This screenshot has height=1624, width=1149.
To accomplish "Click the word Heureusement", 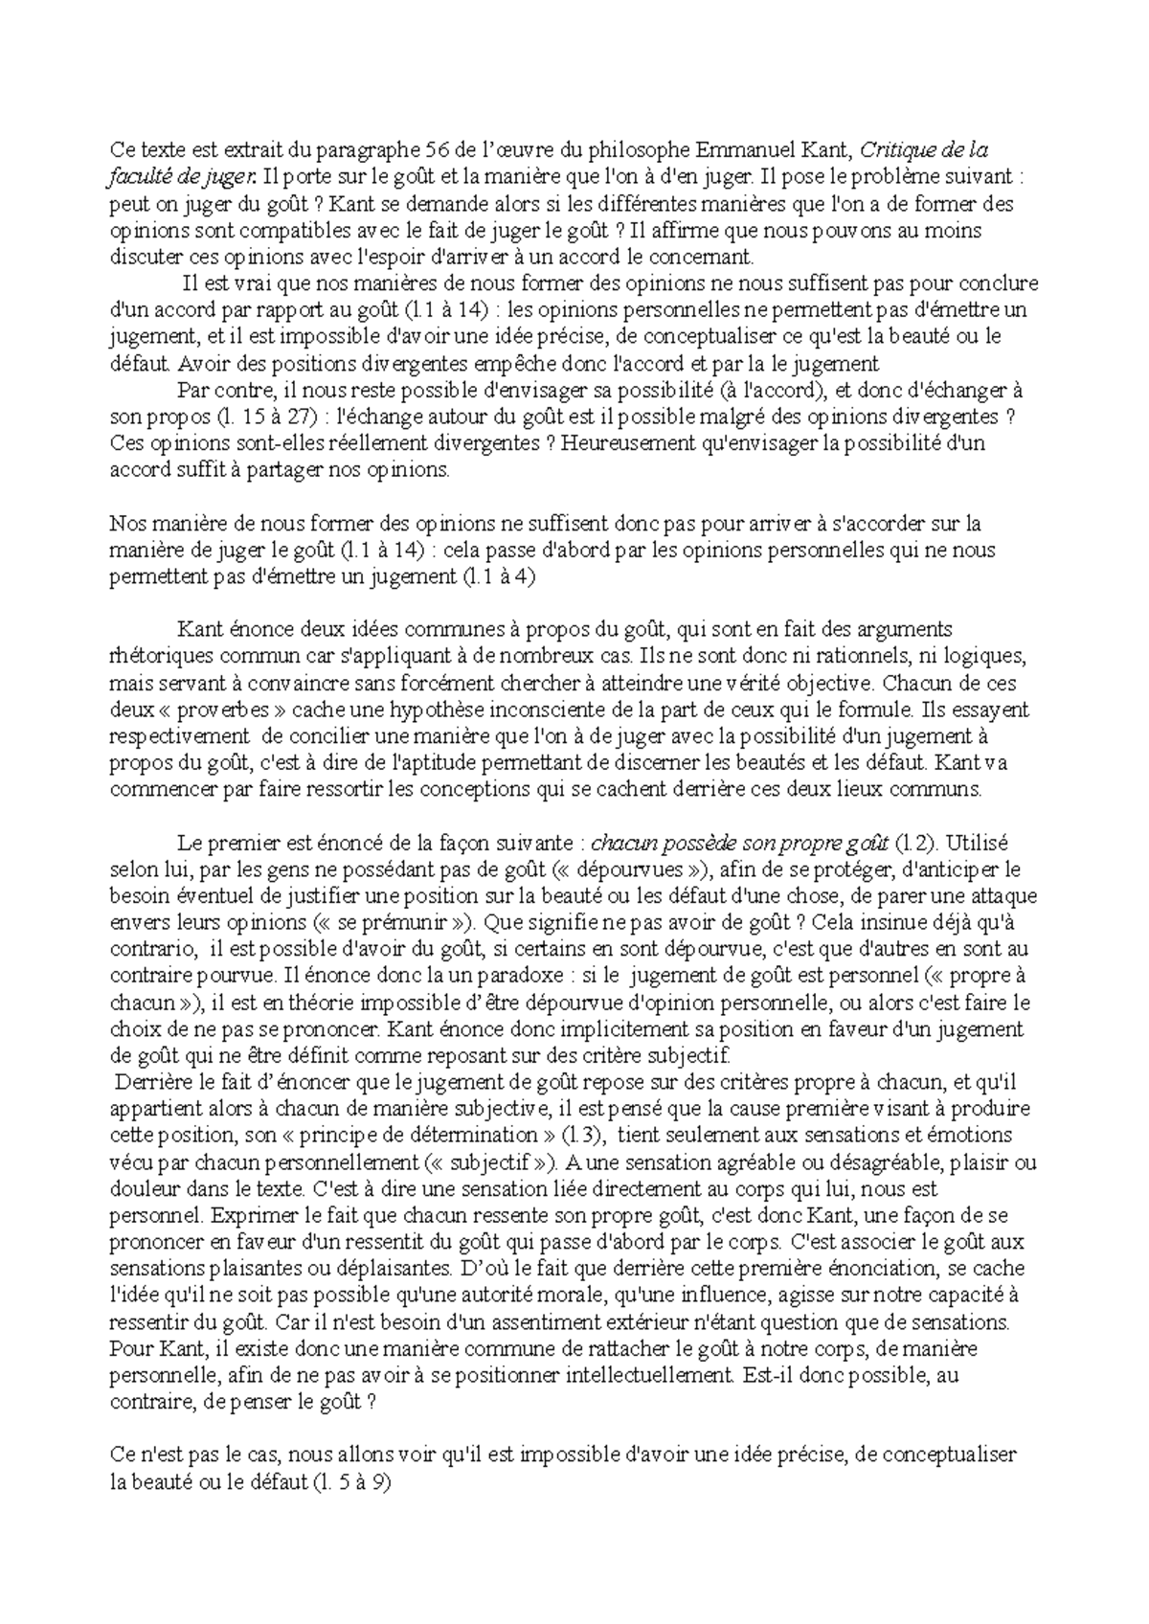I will tap(623, 444).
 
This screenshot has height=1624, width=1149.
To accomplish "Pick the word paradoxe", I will tap(558, 978).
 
